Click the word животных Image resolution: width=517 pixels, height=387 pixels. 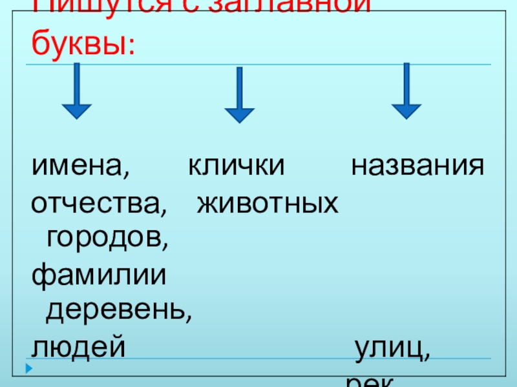267,204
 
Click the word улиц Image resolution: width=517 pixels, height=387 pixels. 388,349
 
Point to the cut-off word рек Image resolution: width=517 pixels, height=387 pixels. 369,382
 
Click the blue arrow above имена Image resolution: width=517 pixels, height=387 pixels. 77,90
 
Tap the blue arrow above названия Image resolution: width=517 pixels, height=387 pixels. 406,90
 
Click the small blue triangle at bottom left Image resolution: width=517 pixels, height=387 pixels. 28,369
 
